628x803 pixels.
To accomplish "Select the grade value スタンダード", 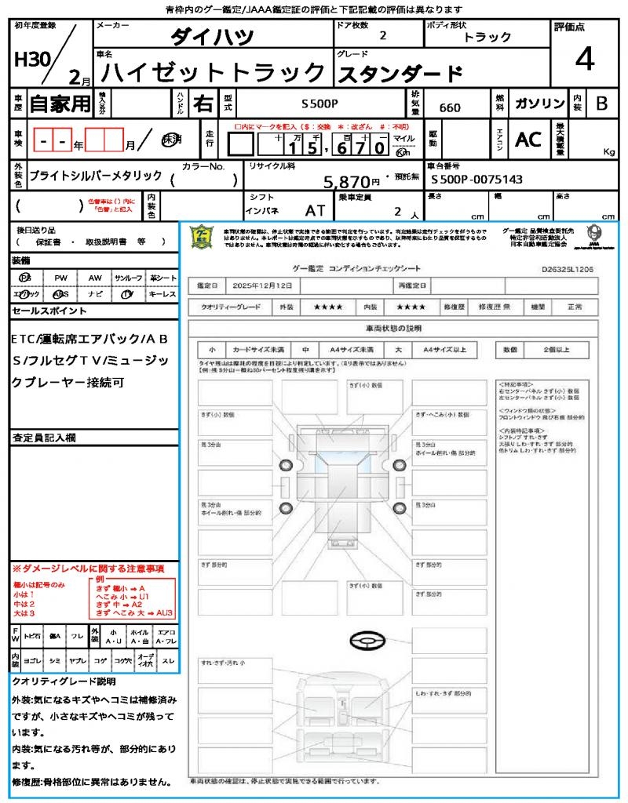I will pyautogui.click(x=400, y=74).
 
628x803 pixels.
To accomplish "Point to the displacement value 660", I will pyautogui.click(x=450, y=107).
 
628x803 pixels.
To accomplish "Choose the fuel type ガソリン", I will pyautogui.click(x=539, y=104).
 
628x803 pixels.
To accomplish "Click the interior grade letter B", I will pyautogui.click(x=601, y=104).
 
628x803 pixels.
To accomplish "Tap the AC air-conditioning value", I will pyautogui.click(x=528, y=140).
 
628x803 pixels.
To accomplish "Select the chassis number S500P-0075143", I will pyautogui.click(x=477, y=180).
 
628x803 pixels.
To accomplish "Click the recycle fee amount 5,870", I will pyautogui.click(x=348, y=182).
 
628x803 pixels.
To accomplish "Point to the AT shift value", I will pyautogui.click(x=315, y=210).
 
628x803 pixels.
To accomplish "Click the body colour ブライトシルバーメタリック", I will pyautogui.click(x=96, y=176).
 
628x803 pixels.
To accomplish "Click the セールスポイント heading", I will pyautogui.click(x=49, y=311).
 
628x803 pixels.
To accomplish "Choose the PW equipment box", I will pyautogui.click(x=60, y=278).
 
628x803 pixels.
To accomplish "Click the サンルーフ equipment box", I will pyautogui.click(x=129, y=278).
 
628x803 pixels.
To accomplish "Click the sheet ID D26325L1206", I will pyautogui.click(x=567, y=268).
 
